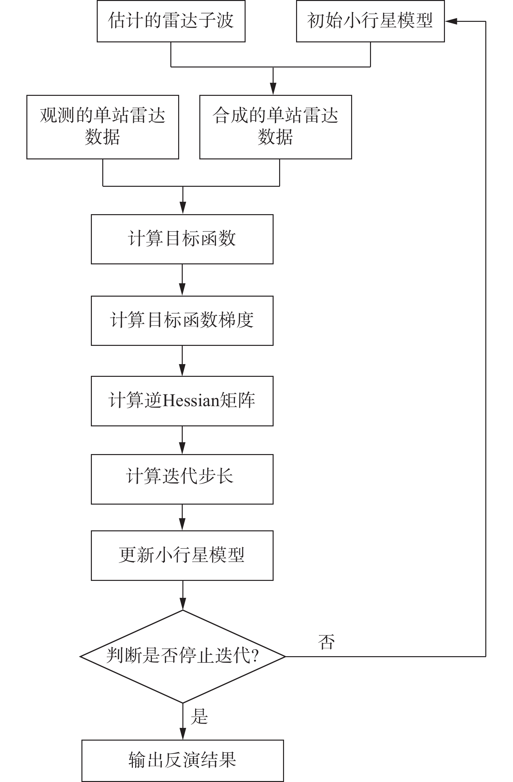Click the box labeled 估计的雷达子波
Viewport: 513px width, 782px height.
171,21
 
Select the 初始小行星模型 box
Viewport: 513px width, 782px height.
370,21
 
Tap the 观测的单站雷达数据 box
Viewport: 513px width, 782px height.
103,127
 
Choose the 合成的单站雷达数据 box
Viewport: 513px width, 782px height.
276,127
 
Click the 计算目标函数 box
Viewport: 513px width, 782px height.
182,239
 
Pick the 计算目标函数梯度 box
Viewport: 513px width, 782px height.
182,321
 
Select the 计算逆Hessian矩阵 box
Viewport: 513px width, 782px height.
182,401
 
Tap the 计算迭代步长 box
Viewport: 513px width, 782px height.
182,480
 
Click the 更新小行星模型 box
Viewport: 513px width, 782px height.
182,555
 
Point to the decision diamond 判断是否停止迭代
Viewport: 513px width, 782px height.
183,657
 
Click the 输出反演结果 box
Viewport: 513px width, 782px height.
182,760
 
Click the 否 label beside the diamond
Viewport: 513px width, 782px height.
326,642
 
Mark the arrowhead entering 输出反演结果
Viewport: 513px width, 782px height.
183,733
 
